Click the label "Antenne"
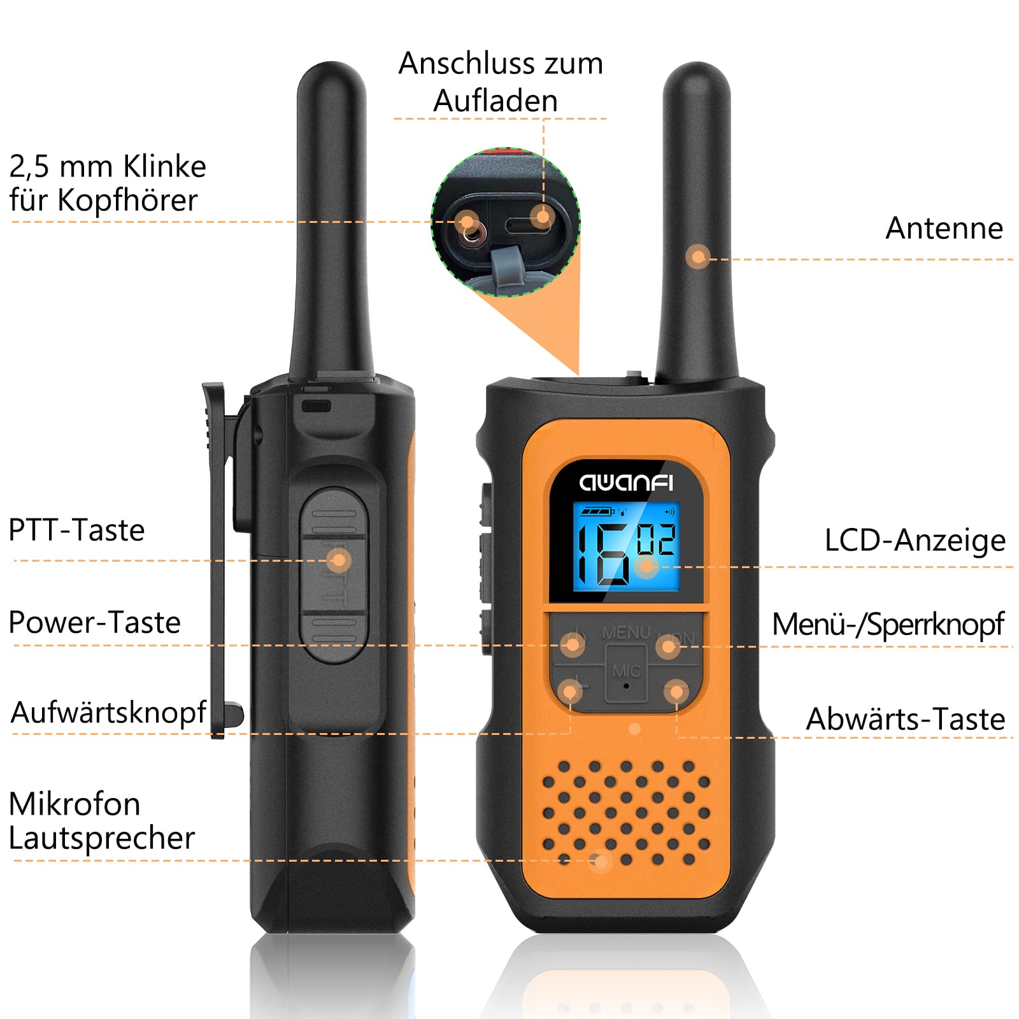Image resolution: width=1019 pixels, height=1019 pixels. (944, 228)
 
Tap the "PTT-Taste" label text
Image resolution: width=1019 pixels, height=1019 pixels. (76, 530)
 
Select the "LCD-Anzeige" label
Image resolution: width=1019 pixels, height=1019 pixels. (915, 540)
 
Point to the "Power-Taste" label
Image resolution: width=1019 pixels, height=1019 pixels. (95, 622)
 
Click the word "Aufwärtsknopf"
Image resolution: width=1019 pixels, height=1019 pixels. (109, 712)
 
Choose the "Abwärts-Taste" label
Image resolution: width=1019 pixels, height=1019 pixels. (906, 719)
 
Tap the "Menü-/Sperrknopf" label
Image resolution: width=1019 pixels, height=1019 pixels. (888, 624)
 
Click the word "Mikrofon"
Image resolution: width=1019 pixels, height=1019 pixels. (75, 804)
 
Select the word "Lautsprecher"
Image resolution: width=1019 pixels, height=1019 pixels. (102, 838)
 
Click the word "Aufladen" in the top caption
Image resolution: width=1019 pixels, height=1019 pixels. (495, 101)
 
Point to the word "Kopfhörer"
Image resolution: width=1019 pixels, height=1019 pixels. (127, 200)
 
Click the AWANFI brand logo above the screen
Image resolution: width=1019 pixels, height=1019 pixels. (626, 483)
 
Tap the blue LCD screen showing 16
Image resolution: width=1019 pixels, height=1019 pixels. (626, 546)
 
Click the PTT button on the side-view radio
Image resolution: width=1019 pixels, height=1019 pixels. (334, 575)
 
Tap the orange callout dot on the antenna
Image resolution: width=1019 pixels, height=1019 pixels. (698, 257)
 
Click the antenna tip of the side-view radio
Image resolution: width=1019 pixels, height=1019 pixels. (332, 64)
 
